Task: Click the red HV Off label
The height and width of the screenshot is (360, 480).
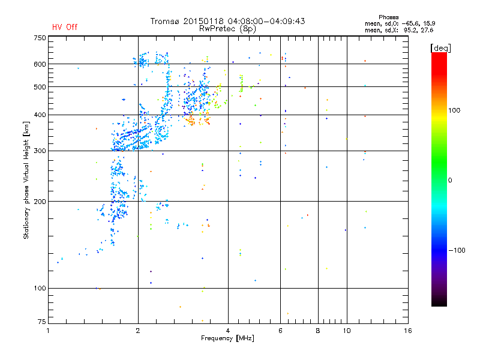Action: (x=64, y=27)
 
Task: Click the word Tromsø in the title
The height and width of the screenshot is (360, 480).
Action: (x=164, y=21)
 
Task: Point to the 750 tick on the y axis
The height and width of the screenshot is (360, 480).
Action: (x=40, y=37)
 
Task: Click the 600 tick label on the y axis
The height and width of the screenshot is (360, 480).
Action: (x=40, y=64)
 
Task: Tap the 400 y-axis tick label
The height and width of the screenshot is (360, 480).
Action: (x=40, y=115)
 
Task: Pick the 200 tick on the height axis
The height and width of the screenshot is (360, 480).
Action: (x=40, y=202)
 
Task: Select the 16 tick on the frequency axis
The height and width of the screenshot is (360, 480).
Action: (x=407, y=331)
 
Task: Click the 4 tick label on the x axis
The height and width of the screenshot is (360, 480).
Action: (x=228, y=331)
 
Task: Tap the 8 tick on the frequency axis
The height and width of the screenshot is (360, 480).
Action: (x=318, y=331)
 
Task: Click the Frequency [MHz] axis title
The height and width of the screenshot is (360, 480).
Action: (x=227, y=339)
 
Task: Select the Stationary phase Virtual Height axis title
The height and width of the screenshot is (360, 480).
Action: (x=26, y=180)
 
